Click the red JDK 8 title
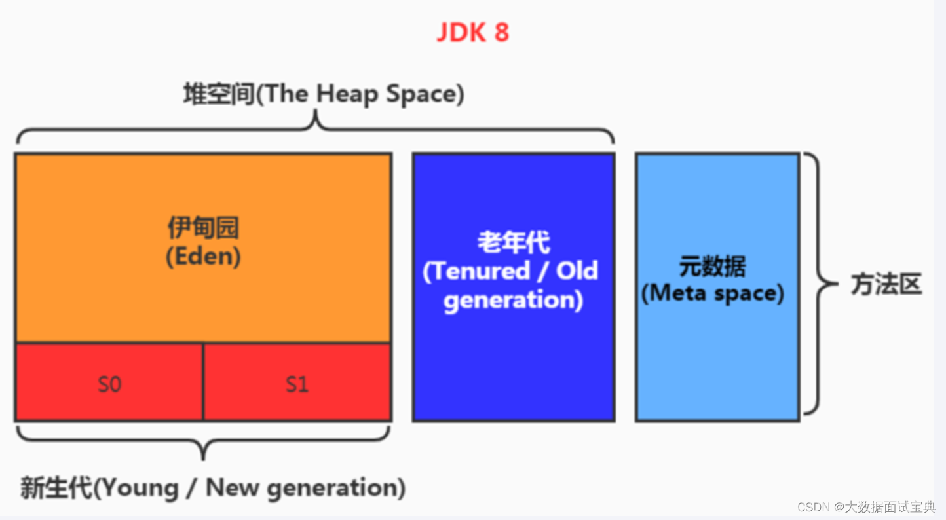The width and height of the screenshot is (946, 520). tap(472, 32)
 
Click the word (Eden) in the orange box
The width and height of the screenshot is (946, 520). tap(203, 256)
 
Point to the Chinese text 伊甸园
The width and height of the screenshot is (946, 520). tap(203, 228)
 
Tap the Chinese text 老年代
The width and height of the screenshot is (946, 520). tap(513, 243)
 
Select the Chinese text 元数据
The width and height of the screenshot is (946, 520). tap(712, 267)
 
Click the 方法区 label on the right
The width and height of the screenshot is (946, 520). tap(886, 284)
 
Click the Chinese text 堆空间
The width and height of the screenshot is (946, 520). tap(218, 94)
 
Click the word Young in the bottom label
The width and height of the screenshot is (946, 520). tap(139, 489)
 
